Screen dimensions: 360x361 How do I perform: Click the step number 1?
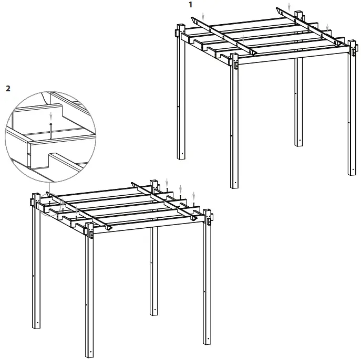[191, 4]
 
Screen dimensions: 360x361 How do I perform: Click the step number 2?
[7, 88]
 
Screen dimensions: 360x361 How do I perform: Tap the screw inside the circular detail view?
[50, 128]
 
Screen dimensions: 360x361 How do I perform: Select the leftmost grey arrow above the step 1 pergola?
[203, 17]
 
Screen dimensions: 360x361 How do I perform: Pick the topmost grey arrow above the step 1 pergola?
[288, 6]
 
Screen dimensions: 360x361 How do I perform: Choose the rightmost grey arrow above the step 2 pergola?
[194, 196]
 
